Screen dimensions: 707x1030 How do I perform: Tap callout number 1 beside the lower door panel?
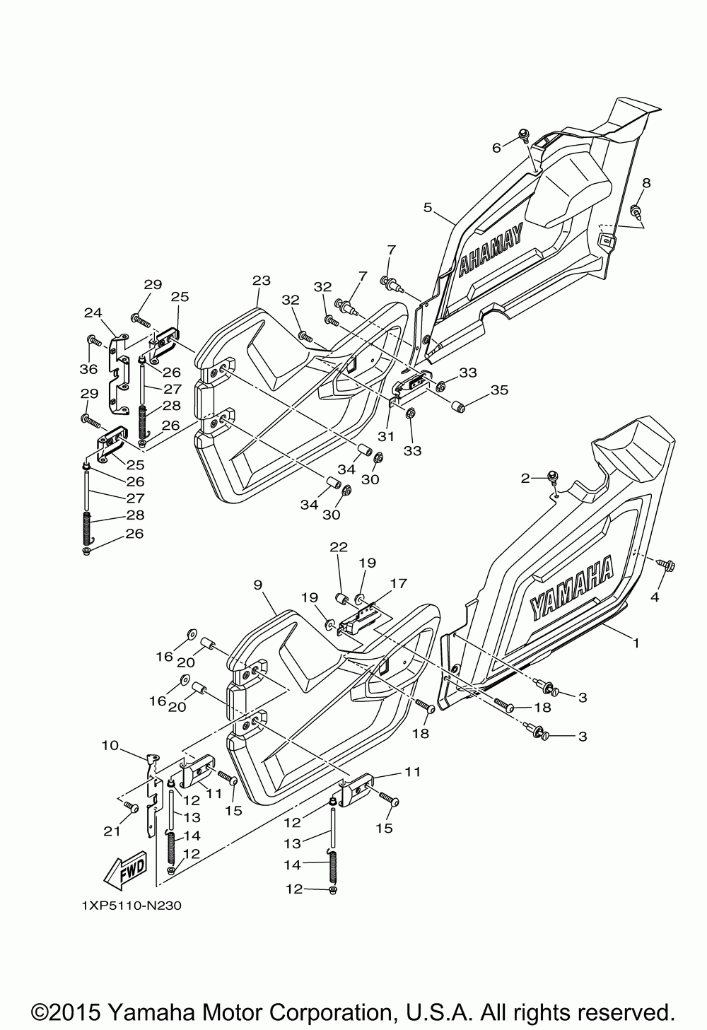click(x=636, y=643)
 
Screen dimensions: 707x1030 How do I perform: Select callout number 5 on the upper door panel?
click(x=428, y=208)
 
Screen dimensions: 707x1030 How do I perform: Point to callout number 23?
click(x=262, y=281)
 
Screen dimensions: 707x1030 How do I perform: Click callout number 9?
click(x=257, y=585)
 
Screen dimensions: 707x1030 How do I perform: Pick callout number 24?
click(x=93, y=313)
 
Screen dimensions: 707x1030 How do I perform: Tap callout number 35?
click(x=499, y=390)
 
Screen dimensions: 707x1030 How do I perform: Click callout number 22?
click(x=339, y=547)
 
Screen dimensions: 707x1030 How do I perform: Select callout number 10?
click(x=110, y=745)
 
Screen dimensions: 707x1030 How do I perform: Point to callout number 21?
click(x=112, y=831)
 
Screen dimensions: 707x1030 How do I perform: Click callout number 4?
click(x=655, y=597)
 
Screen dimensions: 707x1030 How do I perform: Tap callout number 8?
click(x=646, y=183)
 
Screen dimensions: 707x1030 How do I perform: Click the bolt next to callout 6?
click(x=524, y=134)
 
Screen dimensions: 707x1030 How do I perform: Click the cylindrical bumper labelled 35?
click(x=457, y=407)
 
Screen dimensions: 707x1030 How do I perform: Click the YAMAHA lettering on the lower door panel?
click(x=572, y=587)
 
